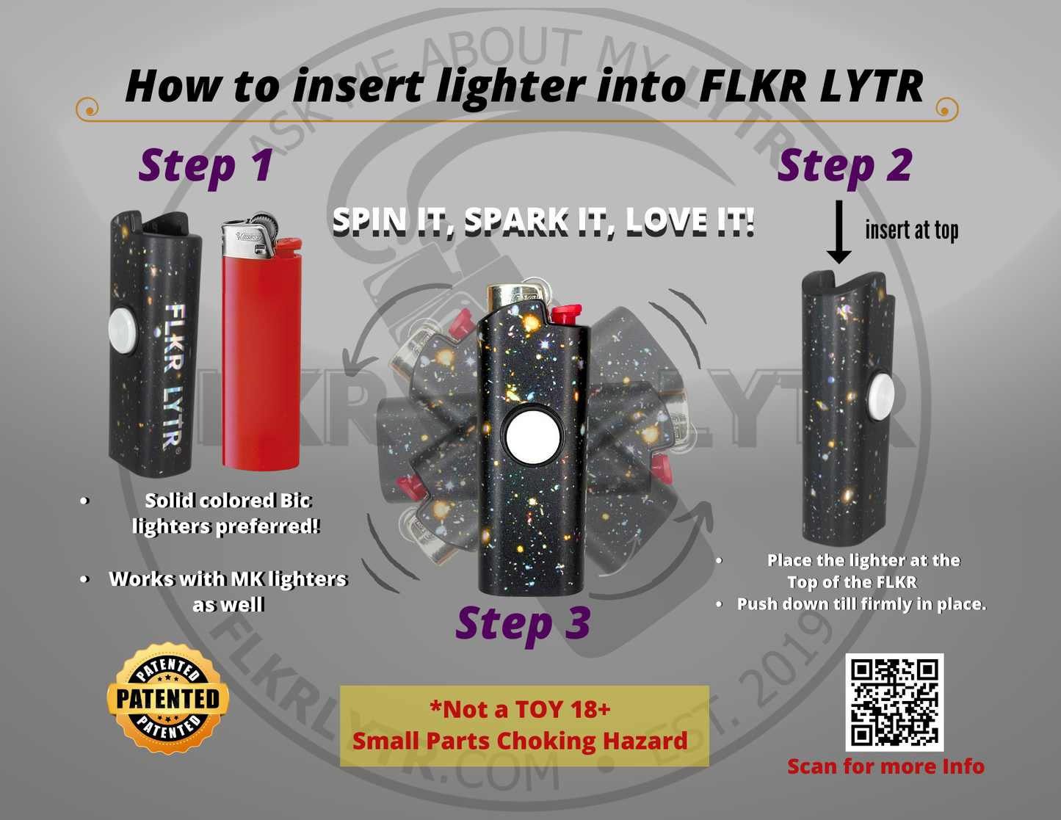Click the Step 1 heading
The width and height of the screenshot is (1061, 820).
click(206, 166)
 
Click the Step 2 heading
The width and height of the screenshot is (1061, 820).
click(844, 166)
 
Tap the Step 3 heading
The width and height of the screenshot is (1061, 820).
click(523, 624)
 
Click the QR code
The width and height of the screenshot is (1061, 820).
click(894, 702)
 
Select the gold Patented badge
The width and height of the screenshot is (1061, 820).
click(168, 698)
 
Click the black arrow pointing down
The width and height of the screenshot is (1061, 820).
click(839, 232)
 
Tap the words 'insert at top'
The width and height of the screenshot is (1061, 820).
click(911, 231)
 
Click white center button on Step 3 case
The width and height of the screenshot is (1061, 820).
click(533, 437)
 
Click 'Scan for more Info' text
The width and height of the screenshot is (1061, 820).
click(886, 766)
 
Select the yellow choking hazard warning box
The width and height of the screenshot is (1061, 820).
click(524, 725)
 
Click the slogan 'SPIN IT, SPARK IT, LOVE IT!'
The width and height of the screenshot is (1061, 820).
click(543, 221)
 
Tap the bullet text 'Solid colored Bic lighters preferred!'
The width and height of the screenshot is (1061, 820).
click(227, 513)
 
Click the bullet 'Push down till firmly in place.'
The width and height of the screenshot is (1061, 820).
click(861, 604)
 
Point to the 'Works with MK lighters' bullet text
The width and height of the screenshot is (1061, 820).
click(228, 579)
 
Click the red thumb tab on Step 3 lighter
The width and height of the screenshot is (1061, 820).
click(566, 315)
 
